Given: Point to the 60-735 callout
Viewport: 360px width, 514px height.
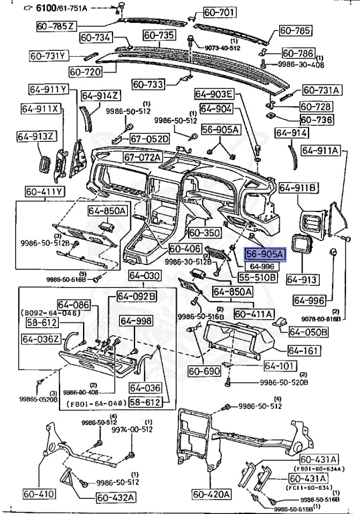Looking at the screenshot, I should click(159, 34).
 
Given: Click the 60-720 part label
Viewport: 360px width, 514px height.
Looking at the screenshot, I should click(85, 71).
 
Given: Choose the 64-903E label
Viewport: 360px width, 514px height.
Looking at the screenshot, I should click(214, 94).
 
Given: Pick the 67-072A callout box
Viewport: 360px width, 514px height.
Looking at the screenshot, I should click(143, 157).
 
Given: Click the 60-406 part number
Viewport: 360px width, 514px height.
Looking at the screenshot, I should click(185, 249).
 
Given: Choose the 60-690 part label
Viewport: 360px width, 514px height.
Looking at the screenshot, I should click(203, 371).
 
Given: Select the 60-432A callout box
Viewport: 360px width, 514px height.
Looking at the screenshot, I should click(116, 497).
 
